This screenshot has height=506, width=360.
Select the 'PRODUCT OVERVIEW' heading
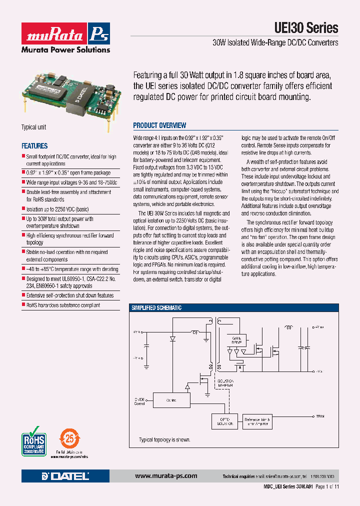click(x=159, y=125)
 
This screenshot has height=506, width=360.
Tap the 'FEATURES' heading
click(x=34, y=146)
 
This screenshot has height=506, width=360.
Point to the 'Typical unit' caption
click(x=33, y=127)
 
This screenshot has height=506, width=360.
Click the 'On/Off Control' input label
click(x=139, y=400)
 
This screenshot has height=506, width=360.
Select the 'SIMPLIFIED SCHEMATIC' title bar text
click(x=156, y=308)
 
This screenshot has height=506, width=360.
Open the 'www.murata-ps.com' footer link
click(x=166, y=476)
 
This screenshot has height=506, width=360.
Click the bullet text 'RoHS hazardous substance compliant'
click(x=63, y=305)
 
